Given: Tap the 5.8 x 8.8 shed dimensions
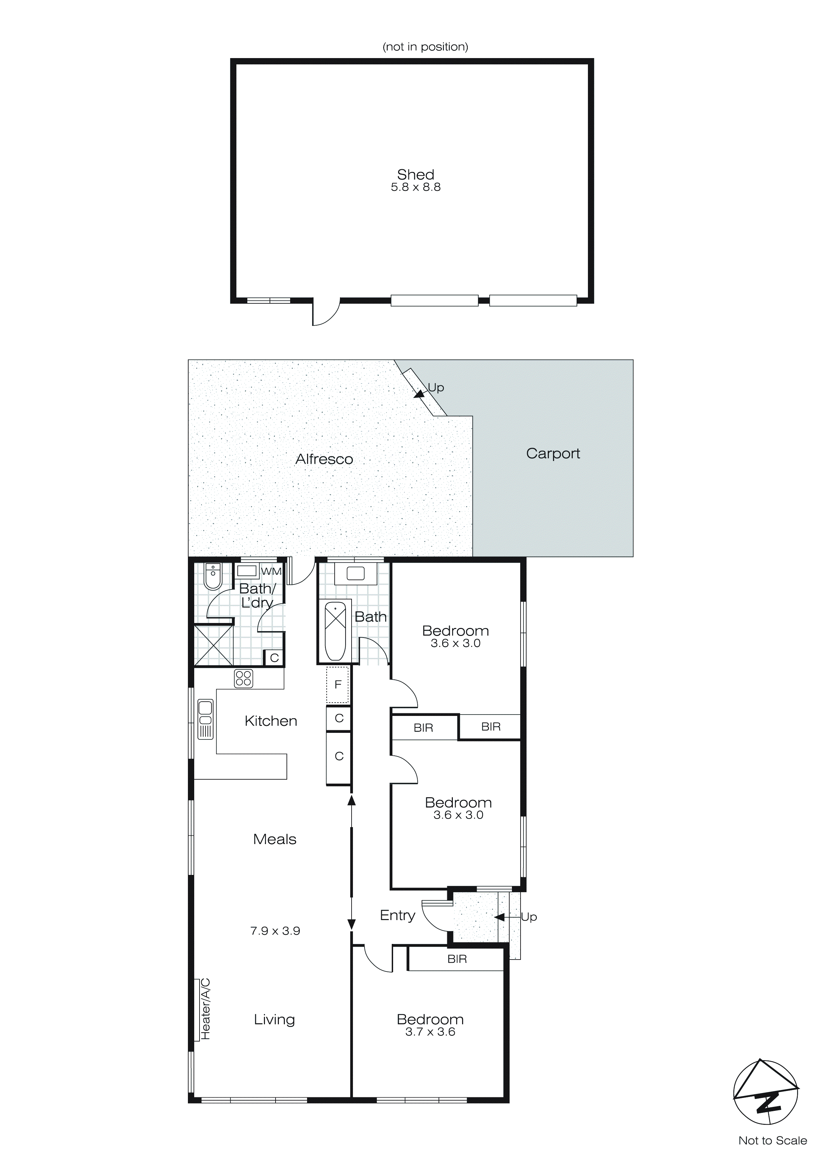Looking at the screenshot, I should (x=416, y=188).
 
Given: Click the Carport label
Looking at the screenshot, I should (x=553, y=453).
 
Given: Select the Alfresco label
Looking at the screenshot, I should (x=324, y=459).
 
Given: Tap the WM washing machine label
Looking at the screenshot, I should (x=271, y=571).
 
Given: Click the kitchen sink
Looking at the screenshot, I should (x=205, y=719).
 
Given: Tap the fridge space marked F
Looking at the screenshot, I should (x=338, y=685).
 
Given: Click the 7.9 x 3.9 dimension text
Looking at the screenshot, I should (x=275, y=931).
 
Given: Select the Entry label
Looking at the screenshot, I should (x=397, y=915).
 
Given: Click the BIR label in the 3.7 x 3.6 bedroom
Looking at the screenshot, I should (x=456, y=959).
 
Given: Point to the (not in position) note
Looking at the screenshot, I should (x=425, y=46).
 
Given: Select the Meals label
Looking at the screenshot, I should (x=275, y=839).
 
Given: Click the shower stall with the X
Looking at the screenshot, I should (x=214, y=645).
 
